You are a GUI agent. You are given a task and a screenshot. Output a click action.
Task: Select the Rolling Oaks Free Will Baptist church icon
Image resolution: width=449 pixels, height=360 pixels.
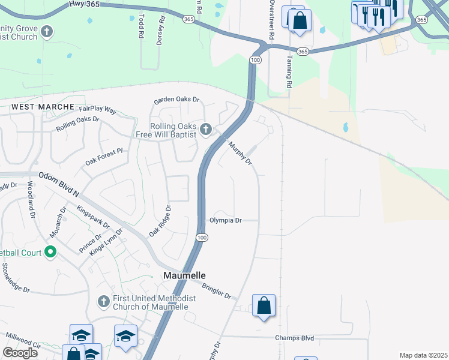(206, 129)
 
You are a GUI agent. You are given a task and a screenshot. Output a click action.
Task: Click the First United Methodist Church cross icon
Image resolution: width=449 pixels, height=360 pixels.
(103, 300)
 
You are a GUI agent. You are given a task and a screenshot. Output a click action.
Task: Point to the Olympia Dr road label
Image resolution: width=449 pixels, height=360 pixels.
(225, 221)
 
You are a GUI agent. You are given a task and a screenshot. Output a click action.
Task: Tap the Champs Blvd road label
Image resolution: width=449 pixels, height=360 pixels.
(295, 338)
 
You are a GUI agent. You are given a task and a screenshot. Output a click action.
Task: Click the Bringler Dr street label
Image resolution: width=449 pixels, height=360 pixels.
(217, 291)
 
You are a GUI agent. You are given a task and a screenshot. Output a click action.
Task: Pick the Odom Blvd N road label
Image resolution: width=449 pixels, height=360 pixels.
(59, 184)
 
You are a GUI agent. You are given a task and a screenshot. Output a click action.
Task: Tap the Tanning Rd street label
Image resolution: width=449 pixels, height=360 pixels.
(289, 71)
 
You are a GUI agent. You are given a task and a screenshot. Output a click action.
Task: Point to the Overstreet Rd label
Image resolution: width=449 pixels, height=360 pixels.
(271, 20)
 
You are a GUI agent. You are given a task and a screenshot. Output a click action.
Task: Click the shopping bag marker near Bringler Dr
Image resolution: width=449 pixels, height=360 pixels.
(264, 306)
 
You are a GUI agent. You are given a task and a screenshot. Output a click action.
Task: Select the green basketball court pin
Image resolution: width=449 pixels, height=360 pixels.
(50, 252)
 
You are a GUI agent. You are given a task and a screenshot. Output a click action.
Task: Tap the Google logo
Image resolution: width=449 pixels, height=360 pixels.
(20, 353)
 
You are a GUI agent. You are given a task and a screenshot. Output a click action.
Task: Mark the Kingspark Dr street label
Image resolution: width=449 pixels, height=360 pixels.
(94, 217)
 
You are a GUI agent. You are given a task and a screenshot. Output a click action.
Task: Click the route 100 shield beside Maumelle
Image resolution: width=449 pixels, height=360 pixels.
(202, 238)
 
